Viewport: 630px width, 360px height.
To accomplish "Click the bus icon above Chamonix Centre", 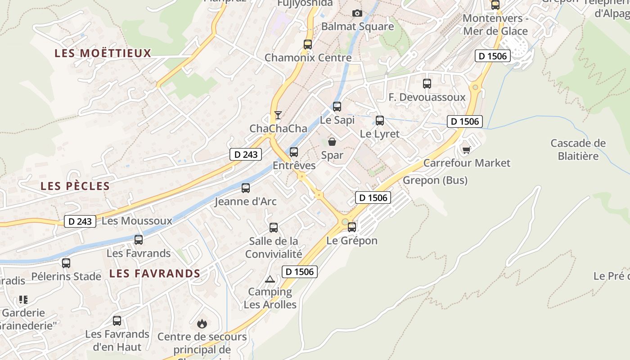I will click(x=308, y=45).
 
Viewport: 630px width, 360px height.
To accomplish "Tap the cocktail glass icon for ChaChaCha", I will click(x=278, y=115).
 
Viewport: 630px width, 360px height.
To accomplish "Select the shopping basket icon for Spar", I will click(x=332, y=142).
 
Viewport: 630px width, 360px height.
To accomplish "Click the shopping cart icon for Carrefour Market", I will click(x=467, y=149).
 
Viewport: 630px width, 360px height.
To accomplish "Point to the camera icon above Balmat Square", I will click(x=357, y=13).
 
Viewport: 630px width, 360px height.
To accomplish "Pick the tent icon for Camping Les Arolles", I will click(x=270, y=279).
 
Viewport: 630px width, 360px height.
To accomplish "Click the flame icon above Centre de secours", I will click(x=202, y=324).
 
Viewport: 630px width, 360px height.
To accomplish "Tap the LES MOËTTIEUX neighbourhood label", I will click(x=103, y=53).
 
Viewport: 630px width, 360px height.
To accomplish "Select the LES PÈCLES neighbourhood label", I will click(x=75, y=186).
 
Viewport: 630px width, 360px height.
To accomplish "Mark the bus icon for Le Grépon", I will click(x=352, y=227).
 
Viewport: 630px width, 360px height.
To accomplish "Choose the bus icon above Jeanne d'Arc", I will click(x=246, y=188).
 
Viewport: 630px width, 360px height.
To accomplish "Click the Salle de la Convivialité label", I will click(x=274, y=247).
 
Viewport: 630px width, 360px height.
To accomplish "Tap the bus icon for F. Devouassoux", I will click(x=427, y=84).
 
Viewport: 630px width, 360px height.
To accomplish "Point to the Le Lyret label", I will click(x=380, y=134).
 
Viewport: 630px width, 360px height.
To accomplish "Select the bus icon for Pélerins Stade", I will click(x=66, y=263).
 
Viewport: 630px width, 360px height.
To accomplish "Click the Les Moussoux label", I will click(x=137, y=221).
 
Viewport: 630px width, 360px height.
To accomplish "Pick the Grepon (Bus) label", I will click(x=435, y=180).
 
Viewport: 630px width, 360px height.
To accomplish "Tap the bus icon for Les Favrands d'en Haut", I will click(x=117, y=321).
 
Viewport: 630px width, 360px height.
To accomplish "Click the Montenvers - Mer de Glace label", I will click(x=495, y=25).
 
